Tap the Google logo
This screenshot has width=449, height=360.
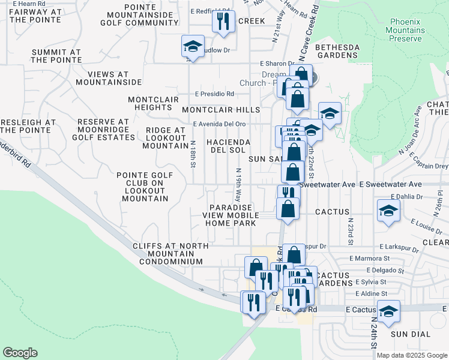[x=20, y=353]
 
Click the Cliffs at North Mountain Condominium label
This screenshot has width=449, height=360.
[x=171, y=254]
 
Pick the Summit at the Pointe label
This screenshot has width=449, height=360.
[x=56, y=56]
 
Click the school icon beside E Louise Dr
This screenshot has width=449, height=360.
[x=388, y=211]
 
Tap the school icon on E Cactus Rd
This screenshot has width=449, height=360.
[x=388, y=311]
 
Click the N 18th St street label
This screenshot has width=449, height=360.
[x=193, y=154]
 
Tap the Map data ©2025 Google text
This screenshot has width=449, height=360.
[x=412, y=355]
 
